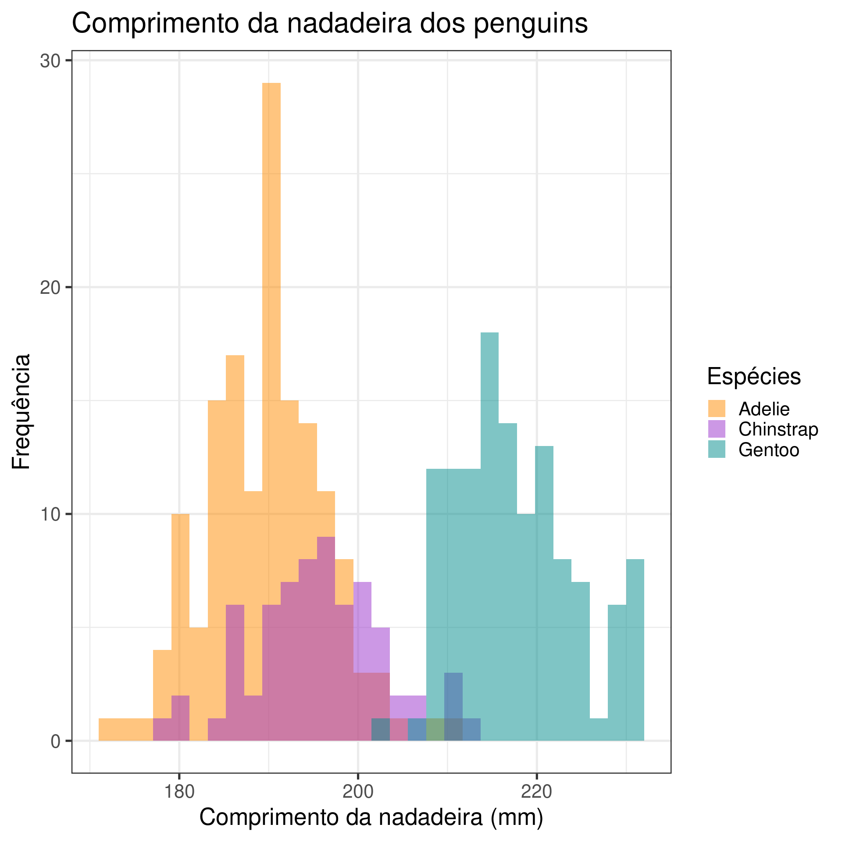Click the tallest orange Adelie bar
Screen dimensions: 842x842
271,307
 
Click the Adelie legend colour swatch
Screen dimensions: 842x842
717,409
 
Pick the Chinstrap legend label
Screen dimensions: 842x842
778,429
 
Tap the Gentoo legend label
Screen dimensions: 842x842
768,450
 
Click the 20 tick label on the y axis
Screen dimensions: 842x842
50,288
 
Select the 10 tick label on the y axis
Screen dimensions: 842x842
50,514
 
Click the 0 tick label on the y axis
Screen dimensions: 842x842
55,742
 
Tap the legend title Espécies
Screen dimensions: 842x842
754,376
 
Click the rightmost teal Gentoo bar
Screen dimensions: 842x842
635,649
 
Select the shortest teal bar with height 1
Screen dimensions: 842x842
599,730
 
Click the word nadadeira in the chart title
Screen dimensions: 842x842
349,24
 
